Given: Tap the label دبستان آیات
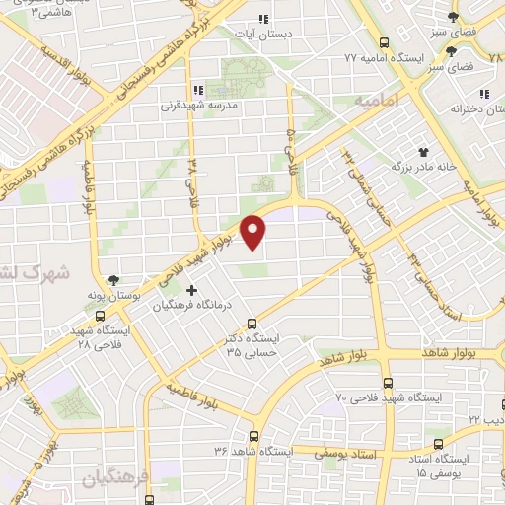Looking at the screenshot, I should [x=261, y=35].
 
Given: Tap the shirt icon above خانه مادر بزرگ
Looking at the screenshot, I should [x=424, y=152].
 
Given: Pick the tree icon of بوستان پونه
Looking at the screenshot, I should [x=114, y=280].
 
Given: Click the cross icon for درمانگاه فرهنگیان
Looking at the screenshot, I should [x=191, y=290].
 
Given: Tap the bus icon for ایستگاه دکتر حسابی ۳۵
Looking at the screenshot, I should [x=252, y=322].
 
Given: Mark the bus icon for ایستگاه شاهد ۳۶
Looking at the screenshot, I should [x=254, y=435].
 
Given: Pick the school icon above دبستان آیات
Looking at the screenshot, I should [x=262, y=19].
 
